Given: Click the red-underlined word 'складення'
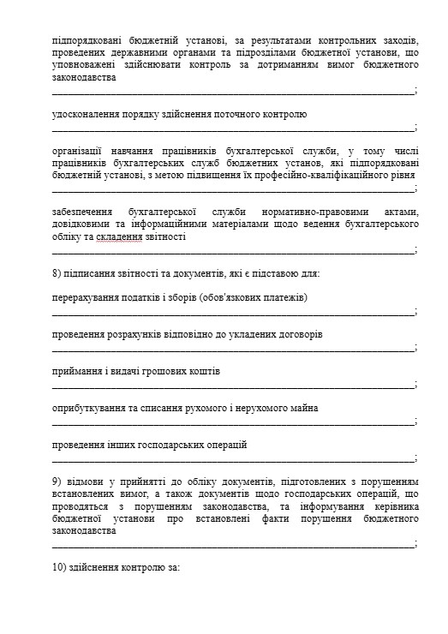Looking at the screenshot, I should [120, 236].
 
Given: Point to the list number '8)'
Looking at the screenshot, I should [58, 273].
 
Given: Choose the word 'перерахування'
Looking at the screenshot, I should [85, 297].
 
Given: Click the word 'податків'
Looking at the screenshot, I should [144, 297].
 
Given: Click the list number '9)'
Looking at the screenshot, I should [58, 481].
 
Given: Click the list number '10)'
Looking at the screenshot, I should [61, 567].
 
